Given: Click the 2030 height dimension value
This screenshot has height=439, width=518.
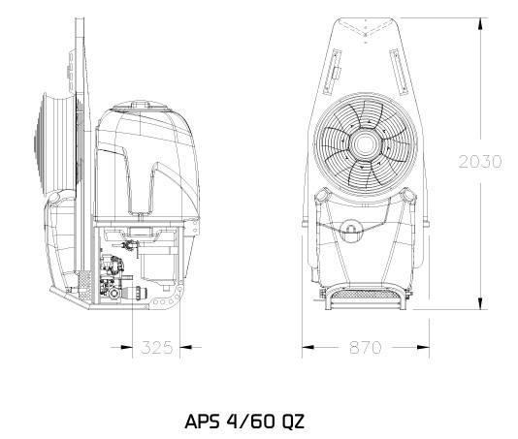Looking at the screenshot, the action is click(480, 162).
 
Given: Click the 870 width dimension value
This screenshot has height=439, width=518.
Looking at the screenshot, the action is click(366, 347).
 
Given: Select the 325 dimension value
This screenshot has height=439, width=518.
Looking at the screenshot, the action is click(157, 348).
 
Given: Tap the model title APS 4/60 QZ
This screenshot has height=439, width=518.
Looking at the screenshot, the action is click(244, 422).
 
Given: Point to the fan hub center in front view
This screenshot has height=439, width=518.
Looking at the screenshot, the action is click(365, 144).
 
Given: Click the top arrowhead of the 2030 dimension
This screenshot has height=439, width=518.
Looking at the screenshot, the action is click(482, 24).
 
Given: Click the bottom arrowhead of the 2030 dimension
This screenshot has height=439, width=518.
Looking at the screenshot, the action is click(482, 303).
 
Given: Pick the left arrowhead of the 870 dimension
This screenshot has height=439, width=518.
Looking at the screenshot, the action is click(308, 347).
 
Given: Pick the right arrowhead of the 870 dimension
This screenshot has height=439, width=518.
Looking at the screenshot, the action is click(423, 347).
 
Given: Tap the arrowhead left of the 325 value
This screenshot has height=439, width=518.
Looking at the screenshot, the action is click(126, 347).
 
